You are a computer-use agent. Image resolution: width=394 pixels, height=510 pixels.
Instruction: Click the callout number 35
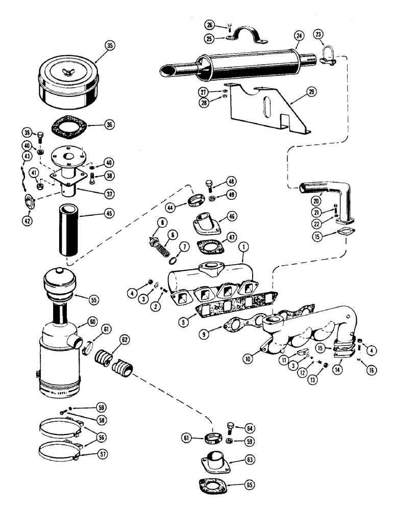pos(108,45)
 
